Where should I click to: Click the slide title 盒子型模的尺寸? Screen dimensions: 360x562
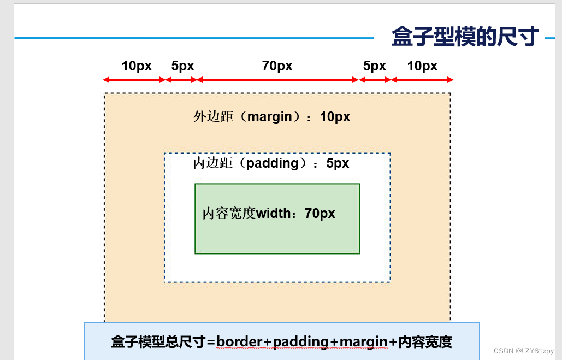pos(465,37)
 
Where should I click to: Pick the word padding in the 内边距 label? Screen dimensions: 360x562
pos(273,163)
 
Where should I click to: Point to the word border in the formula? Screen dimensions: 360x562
pos(240,342)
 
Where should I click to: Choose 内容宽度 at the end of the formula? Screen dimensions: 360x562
pos(425,342)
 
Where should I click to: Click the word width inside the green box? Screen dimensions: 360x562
pos(274,214)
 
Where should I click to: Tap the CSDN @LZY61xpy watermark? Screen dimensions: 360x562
pos(523,351)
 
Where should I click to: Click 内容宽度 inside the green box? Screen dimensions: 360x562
pos(229,214)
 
